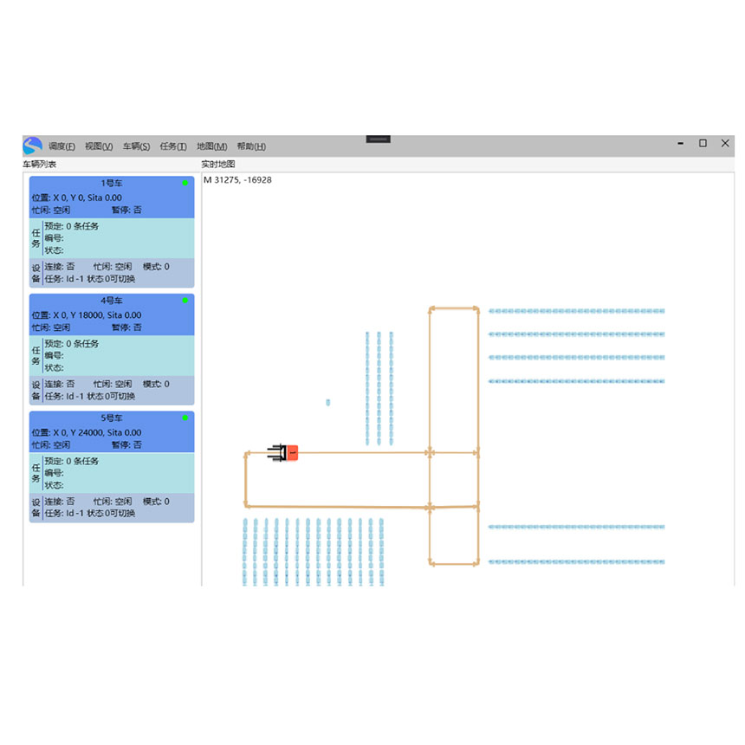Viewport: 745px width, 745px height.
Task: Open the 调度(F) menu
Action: tap(62, 146)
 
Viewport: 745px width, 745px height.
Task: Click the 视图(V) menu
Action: tap(99, 146)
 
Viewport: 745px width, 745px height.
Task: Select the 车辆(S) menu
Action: tap(136, 146)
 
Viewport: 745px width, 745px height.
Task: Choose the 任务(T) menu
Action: tap(173, 146)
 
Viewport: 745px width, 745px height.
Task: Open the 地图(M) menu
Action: tap(212, 146)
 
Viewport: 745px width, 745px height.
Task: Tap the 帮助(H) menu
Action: tap(251, 146)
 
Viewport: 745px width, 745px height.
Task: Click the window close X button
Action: tap(725, 143)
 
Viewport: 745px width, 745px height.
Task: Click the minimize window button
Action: tap(681, 143)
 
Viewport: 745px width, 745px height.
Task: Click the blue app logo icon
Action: tap(32, 146)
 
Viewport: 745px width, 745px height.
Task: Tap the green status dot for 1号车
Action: tap(185, 183)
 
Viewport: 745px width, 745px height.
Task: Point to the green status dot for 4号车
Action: tap(185, 301)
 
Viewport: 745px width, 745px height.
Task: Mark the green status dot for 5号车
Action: tap(185, 418)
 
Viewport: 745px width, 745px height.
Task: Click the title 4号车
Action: tap(112, 301)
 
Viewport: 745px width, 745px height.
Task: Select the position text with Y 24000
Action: tap(87, 432)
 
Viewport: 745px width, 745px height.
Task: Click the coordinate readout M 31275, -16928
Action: tap(237, 180)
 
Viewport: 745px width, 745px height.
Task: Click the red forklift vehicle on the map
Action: tap(283, 453)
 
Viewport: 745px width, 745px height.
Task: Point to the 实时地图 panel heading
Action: tap(218, 165)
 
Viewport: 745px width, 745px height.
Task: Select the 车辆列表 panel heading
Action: tap(40, 165)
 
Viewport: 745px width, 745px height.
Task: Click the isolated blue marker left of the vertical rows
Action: tap(327, 403)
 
